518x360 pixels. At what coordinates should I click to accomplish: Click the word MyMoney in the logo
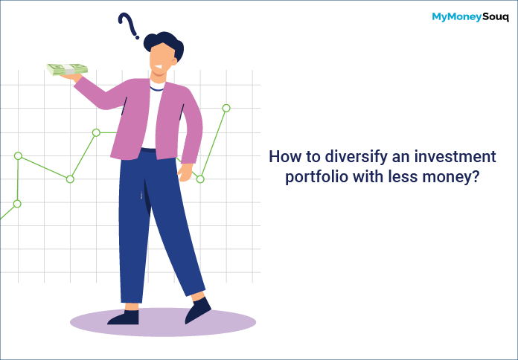[456, 17]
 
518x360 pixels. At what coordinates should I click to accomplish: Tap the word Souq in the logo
[495, 17]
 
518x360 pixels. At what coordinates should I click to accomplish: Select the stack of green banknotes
[67, 69]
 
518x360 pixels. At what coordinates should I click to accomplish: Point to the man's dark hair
[164, 44]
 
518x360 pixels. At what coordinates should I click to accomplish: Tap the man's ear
[174, 62]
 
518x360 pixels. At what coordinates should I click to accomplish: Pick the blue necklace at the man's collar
[156, 89]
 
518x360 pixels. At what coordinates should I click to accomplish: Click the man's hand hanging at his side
[185, 172]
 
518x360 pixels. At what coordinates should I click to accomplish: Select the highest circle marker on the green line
[226, 108]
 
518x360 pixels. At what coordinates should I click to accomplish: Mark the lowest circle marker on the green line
[17, 204]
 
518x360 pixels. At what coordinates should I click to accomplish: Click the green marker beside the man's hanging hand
[200, 179]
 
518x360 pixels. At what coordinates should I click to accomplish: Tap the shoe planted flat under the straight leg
[124, 318]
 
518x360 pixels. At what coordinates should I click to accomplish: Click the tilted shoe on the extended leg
[197, 310]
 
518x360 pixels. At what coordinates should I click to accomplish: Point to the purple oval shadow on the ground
[163, 322]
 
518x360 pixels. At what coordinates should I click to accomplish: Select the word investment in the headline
[455, 156]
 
